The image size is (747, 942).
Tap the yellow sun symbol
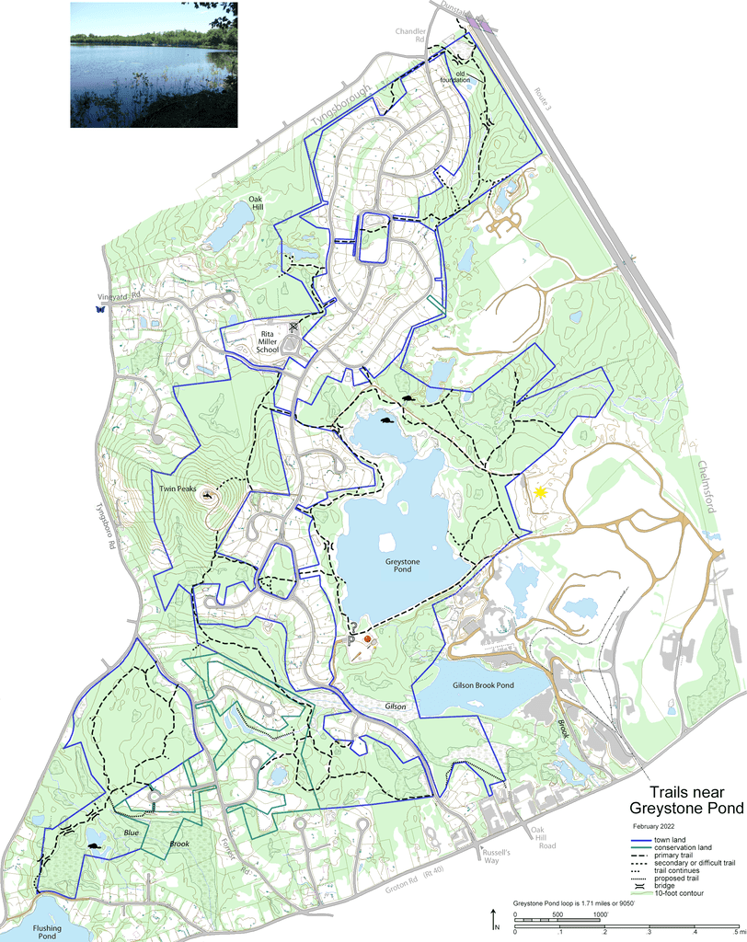[541, 494]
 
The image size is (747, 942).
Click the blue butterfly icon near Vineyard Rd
[98, 310]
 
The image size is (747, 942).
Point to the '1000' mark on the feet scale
[600, 914]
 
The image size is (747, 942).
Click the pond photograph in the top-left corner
[154, 64]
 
